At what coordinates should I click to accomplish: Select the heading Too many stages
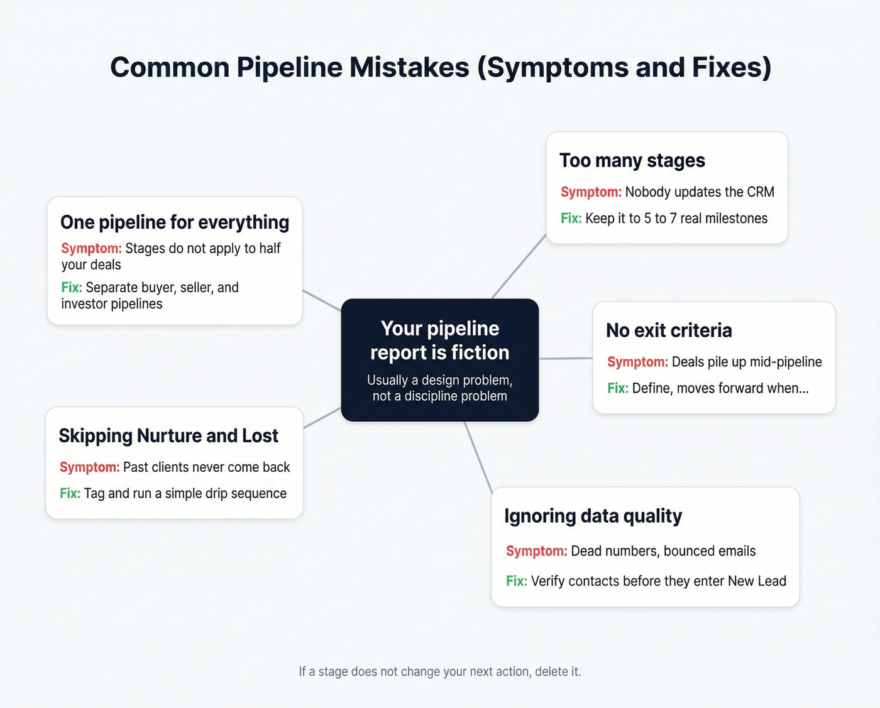pyautogui.click(x=632, y=161)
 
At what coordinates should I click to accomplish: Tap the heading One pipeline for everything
pyautogui.click(x=175, y=222)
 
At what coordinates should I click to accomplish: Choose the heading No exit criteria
pyautogui.click(x=669, y=330)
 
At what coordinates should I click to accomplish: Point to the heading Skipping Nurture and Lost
pyautogui.click(x=168, y=436)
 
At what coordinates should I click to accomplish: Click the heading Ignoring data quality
pyautogui.click(x=593, y=516)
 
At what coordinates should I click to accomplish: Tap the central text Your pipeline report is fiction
pyautogui.click(x=440, y=340)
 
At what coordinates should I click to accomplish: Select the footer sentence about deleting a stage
pyautogui.click(x=440, y=672)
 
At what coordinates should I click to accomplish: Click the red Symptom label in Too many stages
pyautogui.click(x=591, y=192)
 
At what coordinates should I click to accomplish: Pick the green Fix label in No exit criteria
pyautogui.click(x=617, y=388)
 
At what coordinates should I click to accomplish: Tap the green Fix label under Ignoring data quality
pyautogui.click(x=516, y=581)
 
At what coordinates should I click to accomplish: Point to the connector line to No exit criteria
pyautogui.click(x=566, y=359)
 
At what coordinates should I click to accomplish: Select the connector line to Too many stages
pyautogui.click(x=519, y=266)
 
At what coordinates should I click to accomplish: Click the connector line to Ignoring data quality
pyautogui.click(x=478, y=456)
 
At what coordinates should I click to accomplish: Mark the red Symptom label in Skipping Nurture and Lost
pyautogui.click(x=89, y=467)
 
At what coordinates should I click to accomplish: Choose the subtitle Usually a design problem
pyautogui.click(x=440, y=381)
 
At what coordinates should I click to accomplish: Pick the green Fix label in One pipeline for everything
pyautogui.click(x=72, y=288)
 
